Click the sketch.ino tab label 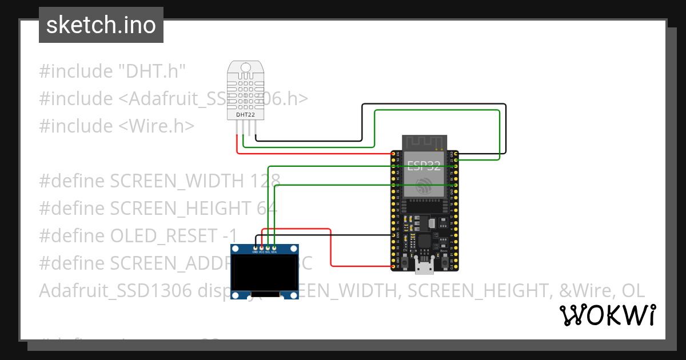coord(101,25)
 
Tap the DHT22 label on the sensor coord(245,115)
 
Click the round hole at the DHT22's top coord(246,68)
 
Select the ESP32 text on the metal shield coord(424,166)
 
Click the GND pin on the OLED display coord(255,248)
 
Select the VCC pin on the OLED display coord(262,248)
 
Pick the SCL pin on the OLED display coord(268,248)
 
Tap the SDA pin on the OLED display coord(274,248)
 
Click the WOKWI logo coord(607,315)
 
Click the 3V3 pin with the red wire coord(394,154)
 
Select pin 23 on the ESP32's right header coord(455,161)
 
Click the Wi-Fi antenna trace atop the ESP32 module coord(424,142)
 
